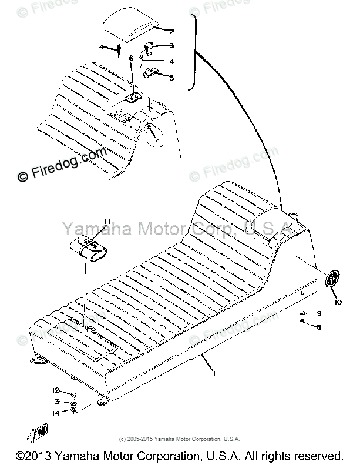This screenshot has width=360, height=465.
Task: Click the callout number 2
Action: click(172, 31)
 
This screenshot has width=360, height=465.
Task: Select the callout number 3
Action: click(171, 46)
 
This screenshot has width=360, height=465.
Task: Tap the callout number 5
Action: click(171, 77)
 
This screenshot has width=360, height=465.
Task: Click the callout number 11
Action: click(107, 221)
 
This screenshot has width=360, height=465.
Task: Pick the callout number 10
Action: click(338, 302)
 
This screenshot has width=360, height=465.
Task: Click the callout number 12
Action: click(55, 390)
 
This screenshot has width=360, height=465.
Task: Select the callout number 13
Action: click(55, 401)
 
